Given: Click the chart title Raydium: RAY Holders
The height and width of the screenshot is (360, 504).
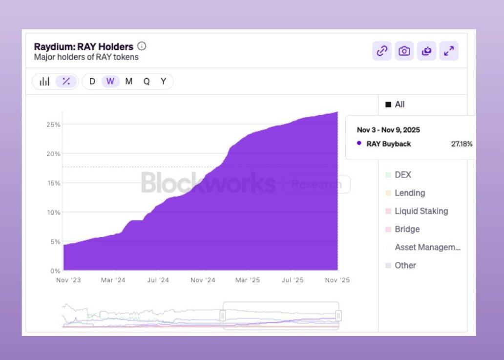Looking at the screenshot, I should (84, 47).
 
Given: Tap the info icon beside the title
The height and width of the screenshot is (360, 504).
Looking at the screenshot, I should (142, 46).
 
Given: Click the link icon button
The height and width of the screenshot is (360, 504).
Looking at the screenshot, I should (382, 51).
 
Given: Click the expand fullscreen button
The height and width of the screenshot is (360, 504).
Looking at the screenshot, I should (449, 51).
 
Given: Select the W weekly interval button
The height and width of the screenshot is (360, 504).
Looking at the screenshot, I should (110, 82).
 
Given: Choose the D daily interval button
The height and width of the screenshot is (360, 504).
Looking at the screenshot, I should (92, 82).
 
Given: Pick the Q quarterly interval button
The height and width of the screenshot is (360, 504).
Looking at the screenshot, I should (147, 82).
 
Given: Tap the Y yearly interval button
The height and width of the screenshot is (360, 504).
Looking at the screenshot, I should (164, 82).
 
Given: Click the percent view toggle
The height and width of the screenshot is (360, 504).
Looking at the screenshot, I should (66, 82).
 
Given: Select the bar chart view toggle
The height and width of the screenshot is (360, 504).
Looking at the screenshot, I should (44, 82).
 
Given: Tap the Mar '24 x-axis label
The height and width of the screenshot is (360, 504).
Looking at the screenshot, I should (113, 280).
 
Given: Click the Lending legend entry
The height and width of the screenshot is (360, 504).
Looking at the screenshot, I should (409, 193).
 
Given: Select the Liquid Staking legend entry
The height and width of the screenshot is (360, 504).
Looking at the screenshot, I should (421, 211).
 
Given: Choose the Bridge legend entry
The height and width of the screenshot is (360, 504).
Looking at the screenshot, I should (407, 229).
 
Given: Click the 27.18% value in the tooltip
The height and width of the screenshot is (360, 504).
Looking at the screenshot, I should (462, 144).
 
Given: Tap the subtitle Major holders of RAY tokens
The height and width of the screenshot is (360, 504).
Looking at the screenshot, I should (86, 57).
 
